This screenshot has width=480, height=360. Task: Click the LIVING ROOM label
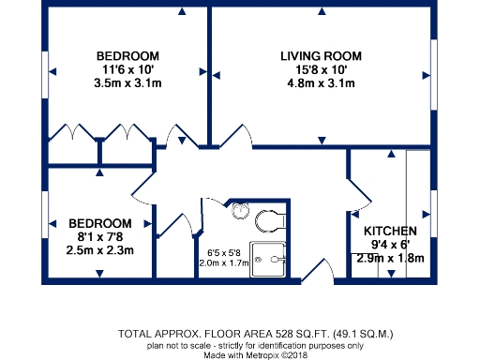321,56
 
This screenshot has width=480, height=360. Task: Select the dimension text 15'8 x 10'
321,70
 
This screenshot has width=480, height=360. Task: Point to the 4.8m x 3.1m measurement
321,84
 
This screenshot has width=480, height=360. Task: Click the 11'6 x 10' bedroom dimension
127,69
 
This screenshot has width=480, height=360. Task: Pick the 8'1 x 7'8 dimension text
99,237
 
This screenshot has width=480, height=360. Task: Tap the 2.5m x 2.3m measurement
99,250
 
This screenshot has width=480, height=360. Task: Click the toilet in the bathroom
268,220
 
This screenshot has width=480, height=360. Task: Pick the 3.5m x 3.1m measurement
127,83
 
